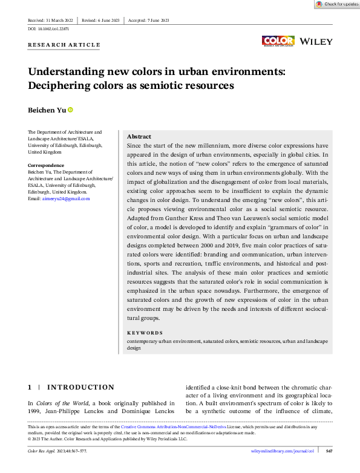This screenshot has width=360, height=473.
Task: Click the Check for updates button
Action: tap(337, 4)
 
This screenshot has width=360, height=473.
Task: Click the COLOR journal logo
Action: tap(278, 41)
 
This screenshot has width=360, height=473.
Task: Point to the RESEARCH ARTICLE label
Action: tap(64, 45)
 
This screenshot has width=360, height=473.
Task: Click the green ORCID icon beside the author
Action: tap(70, 109)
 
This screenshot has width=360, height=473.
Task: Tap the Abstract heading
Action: tap(139, 137)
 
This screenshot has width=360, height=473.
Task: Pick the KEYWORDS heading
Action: tap(145, 333)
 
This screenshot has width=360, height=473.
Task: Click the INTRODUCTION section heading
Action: tap(80, 387)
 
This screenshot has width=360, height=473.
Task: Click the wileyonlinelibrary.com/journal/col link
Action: tap(283, 451)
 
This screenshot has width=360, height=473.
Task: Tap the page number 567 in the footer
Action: tap(329, 451)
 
